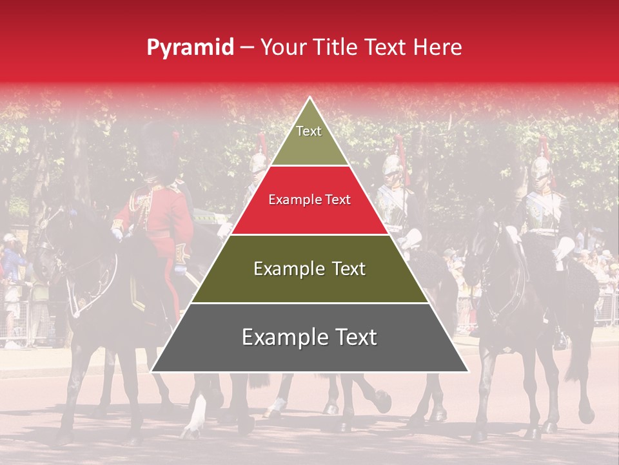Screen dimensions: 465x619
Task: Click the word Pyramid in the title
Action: pyautogui.click(x=190, y=48)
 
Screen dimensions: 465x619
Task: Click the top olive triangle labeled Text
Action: pyautogui.click(x=309, y=139)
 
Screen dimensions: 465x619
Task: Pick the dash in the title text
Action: pyautogui.click(x=247, y=48)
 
